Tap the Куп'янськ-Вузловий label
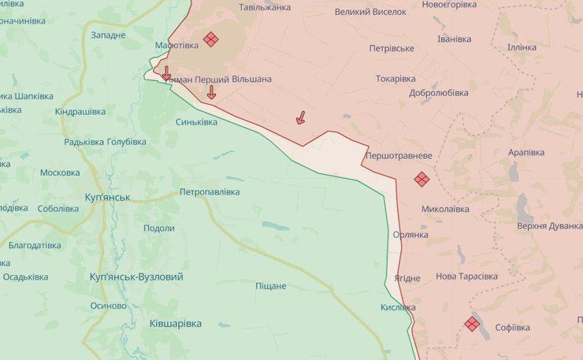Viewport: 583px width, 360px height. (136, 277)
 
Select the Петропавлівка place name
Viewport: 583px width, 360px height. (210, 191)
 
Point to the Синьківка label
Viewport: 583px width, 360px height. (196, 122)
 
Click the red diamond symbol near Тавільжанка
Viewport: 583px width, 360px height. (210, 39)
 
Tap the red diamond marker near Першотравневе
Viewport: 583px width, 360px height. (421, 179)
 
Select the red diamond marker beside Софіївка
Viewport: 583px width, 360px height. (472, 324)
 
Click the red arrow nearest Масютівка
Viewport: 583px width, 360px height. (166, 73)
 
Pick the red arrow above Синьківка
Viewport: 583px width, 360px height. (211, 92)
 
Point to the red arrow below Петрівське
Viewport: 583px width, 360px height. (300, 117)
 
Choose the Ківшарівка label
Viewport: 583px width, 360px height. (175, 324)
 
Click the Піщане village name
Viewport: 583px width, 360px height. (270, 286)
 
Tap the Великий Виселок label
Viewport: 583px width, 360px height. (370, 12)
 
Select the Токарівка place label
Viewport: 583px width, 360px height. (395, 79)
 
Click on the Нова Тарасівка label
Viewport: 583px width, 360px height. (466, 276)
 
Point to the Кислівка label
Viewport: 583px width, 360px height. (397, 307)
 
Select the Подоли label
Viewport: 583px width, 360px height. (159, 228)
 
